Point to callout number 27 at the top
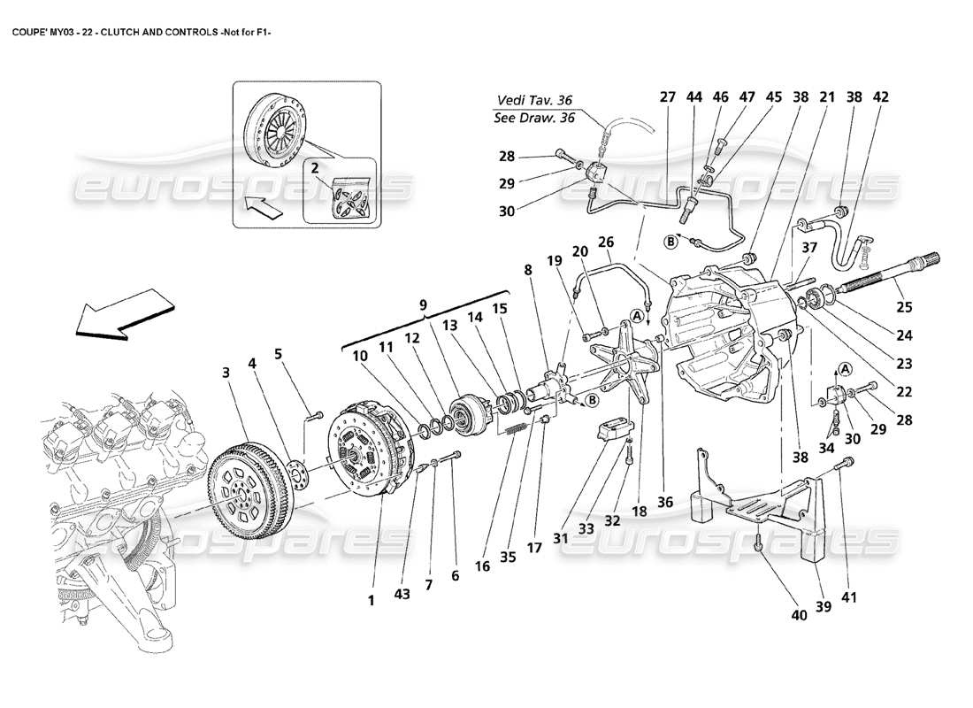pyautogui.click(x=666, y=98)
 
